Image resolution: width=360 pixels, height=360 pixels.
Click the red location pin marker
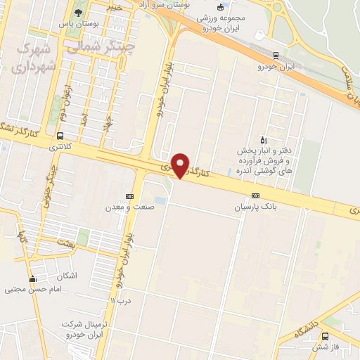click(181, 165)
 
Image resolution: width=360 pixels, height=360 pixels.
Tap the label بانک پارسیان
click(255, 208)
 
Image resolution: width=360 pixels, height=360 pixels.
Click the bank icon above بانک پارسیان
click(255, 196)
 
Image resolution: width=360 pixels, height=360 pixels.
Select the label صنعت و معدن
click(129, 207)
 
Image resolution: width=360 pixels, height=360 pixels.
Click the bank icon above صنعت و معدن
click(129, 195)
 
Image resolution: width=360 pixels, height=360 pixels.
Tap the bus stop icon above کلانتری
click(60, 136)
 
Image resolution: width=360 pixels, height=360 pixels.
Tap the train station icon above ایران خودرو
click(276, 56)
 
